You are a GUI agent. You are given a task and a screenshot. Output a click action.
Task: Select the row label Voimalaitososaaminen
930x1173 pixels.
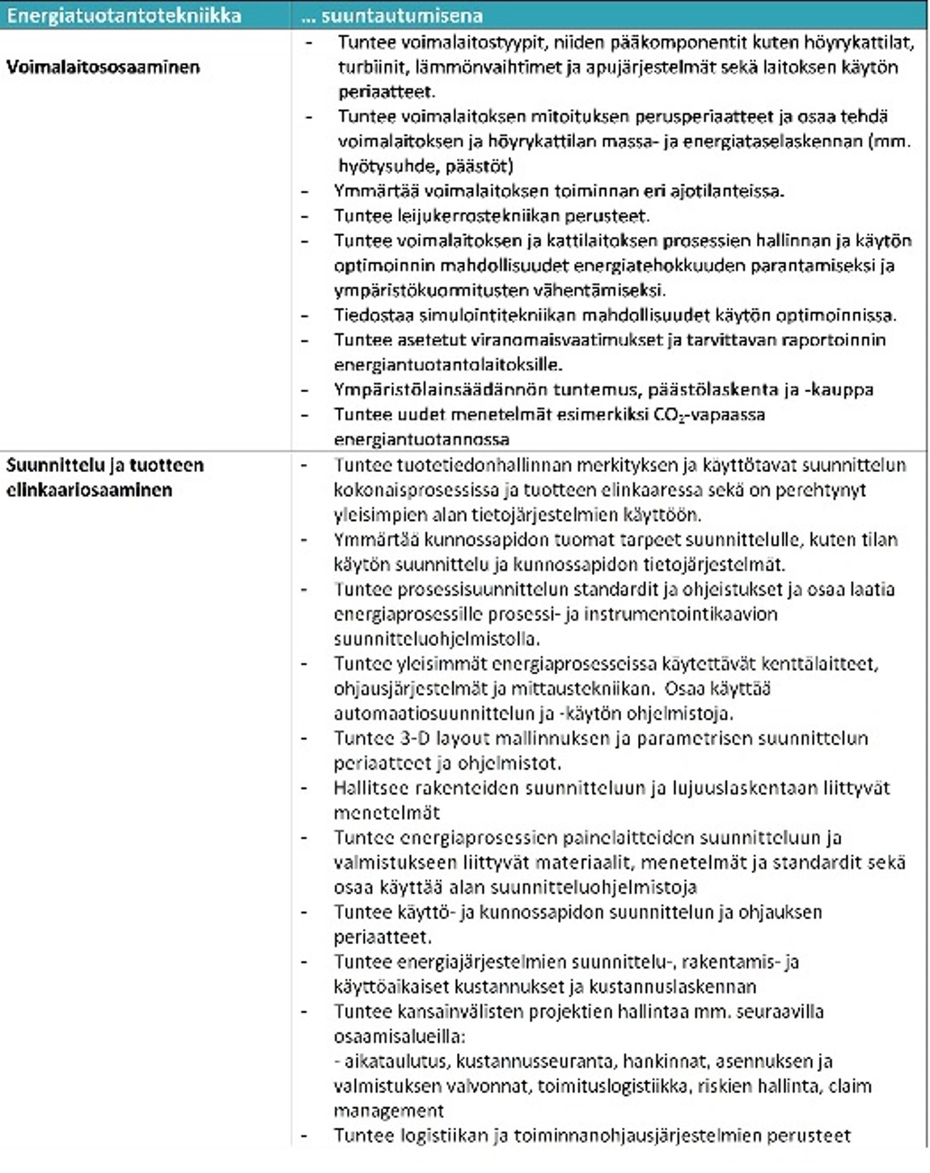click(x=103, y=67)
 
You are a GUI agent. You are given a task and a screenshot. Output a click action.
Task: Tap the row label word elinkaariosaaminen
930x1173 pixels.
click(x=89, y=490)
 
